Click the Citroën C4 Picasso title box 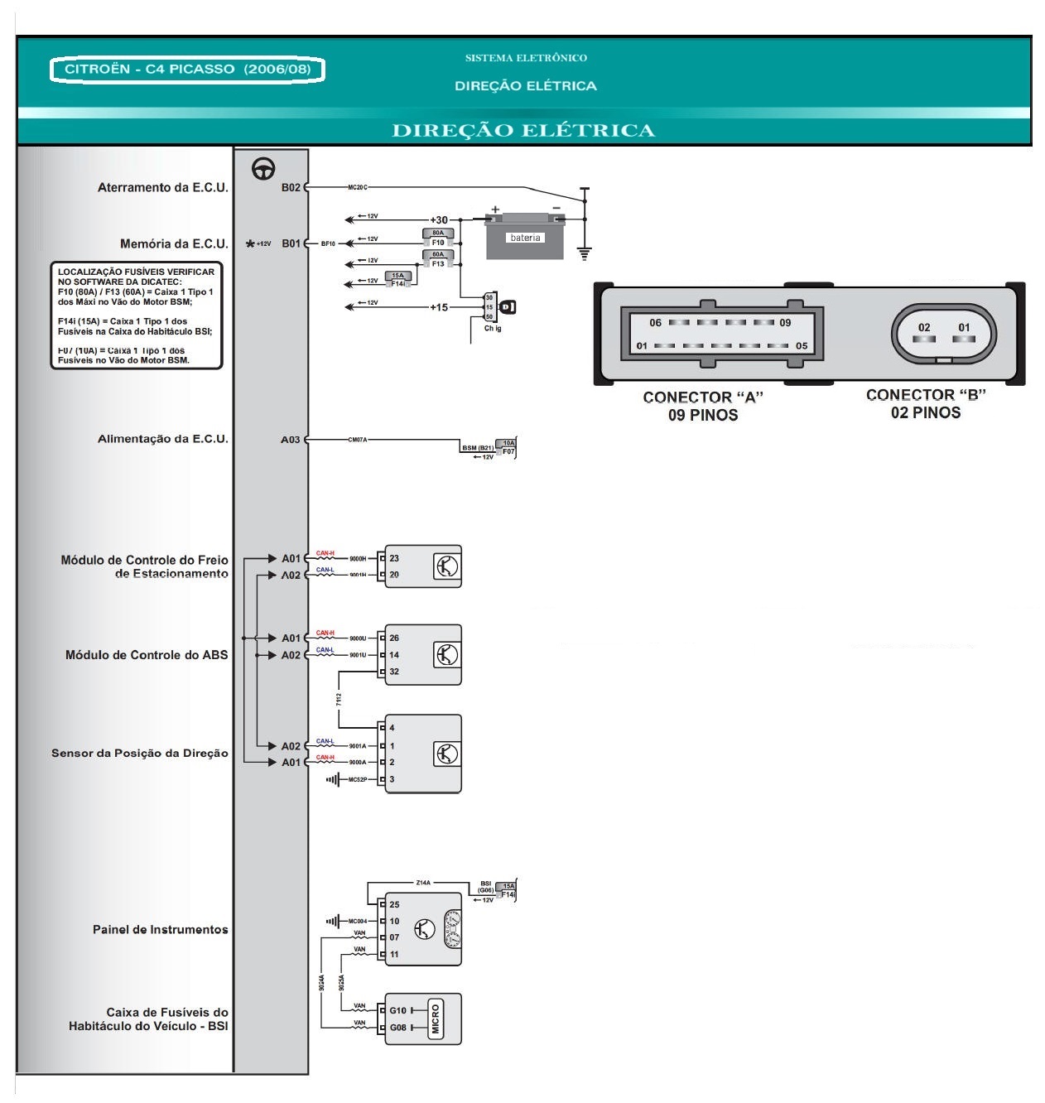(187, 70)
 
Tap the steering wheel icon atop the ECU (263, 168)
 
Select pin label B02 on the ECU (291, 188)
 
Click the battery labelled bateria (525, 238)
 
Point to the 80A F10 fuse (438, 238)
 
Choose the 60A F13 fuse (438, 259)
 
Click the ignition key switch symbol (508, 307)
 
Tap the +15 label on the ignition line (439, 307)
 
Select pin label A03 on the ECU (290, 440)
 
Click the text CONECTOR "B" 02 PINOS (926, 404)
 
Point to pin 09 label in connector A (785, 323)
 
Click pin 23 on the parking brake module (394, 558)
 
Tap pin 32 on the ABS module (394, 672)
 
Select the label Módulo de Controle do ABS (147, 655)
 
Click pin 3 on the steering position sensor (392, 779)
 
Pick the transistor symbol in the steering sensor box (446, 754)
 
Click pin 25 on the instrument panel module (394, 904)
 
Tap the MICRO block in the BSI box (436, 1019)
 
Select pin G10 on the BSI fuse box (398, 1010)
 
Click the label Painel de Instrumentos (160, 930)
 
